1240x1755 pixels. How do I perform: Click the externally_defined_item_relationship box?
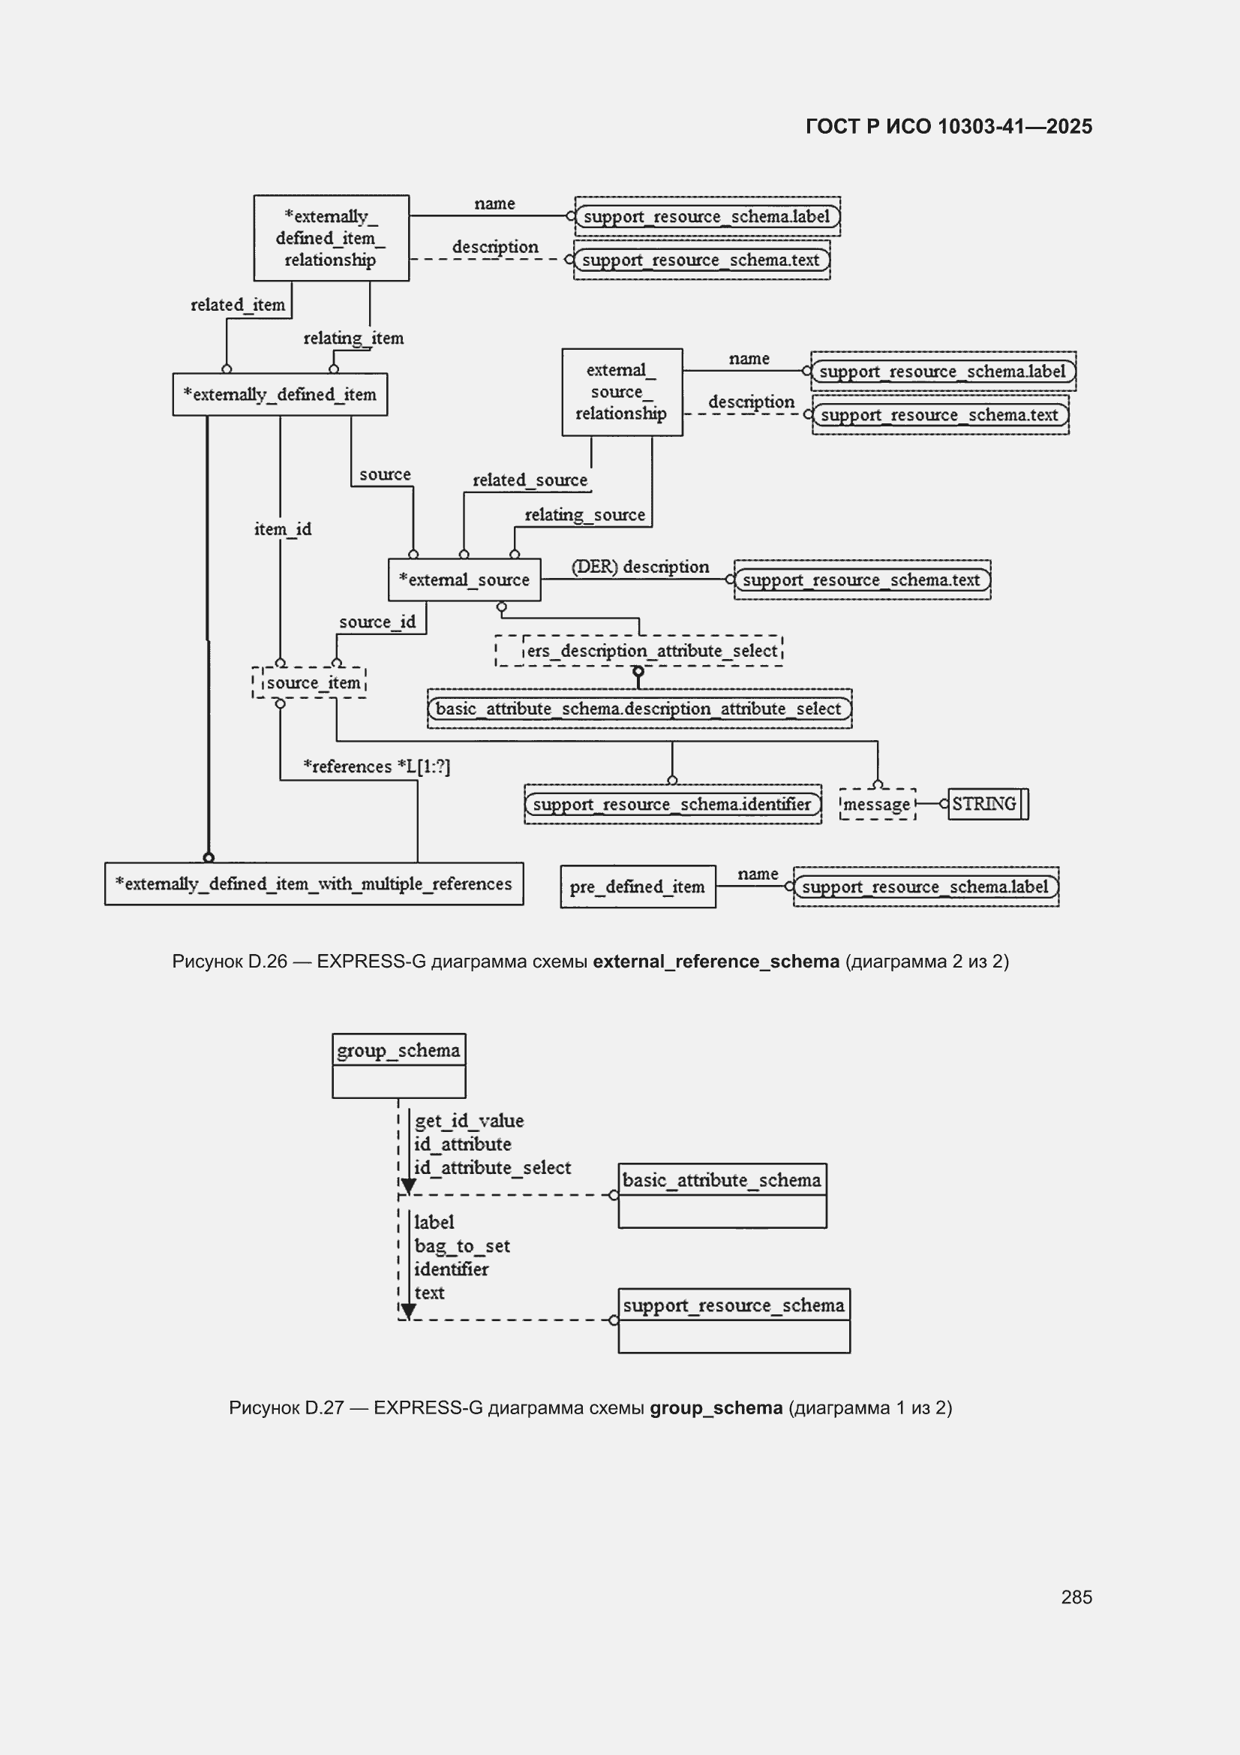[331, 238]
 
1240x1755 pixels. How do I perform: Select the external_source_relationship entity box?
[622, 392]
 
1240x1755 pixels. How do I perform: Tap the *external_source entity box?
[464, 579]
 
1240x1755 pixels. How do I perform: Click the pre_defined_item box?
[638, 887]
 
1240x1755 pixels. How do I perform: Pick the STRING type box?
[988, 804]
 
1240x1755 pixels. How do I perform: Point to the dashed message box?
[877, 804]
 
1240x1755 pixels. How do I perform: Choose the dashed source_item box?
[309, 682]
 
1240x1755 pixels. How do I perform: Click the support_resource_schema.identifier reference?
[672, 804]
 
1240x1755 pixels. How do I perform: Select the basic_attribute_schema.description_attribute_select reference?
[639, 709]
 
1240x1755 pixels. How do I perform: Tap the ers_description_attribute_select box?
[638, 651]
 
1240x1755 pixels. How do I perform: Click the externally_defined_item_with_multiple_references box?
[314, 884]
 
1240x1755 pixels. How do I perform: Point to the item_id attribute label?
[283, 529]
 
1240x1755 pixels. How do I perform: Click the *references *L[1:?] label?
[377, 766]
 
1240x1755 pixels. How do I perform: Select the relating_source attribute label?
[584, 514]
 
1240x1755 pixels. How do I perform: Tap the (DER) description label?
[640, 567]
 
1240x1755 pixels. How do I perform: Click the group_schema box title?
[399, 1050]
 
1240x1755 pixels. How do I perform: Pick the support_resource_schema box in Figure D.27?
[734, 1321]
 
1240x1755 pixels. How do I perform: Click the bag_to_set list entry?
[461, 1246]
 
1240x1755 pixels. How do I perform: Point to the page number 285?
[1076, 1597]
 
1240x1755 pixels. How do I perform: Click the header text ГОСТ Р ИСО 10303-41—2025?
[949, 126]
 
